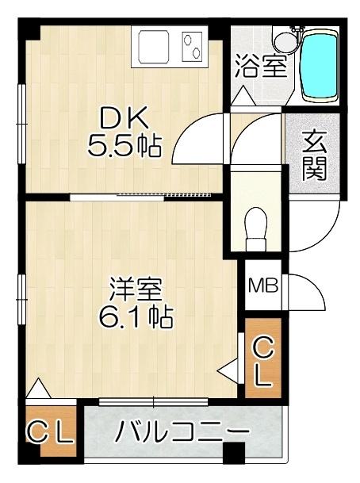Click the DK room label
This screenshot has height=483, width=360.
tap(123, 118)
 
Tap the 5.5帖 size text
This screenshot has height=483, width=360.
tap(124, 146)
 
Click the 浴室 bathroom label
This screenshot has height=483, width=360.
tap(260, 66)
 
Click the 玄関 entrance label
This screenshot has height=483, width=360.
tap(316, 155)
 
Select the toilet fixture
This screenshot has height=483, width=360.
tap(255, 224)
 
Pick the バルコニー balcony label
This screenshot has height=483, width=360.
tap(183, 432)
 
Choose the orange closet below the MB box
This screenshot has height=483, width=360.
tap(263, 361)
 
